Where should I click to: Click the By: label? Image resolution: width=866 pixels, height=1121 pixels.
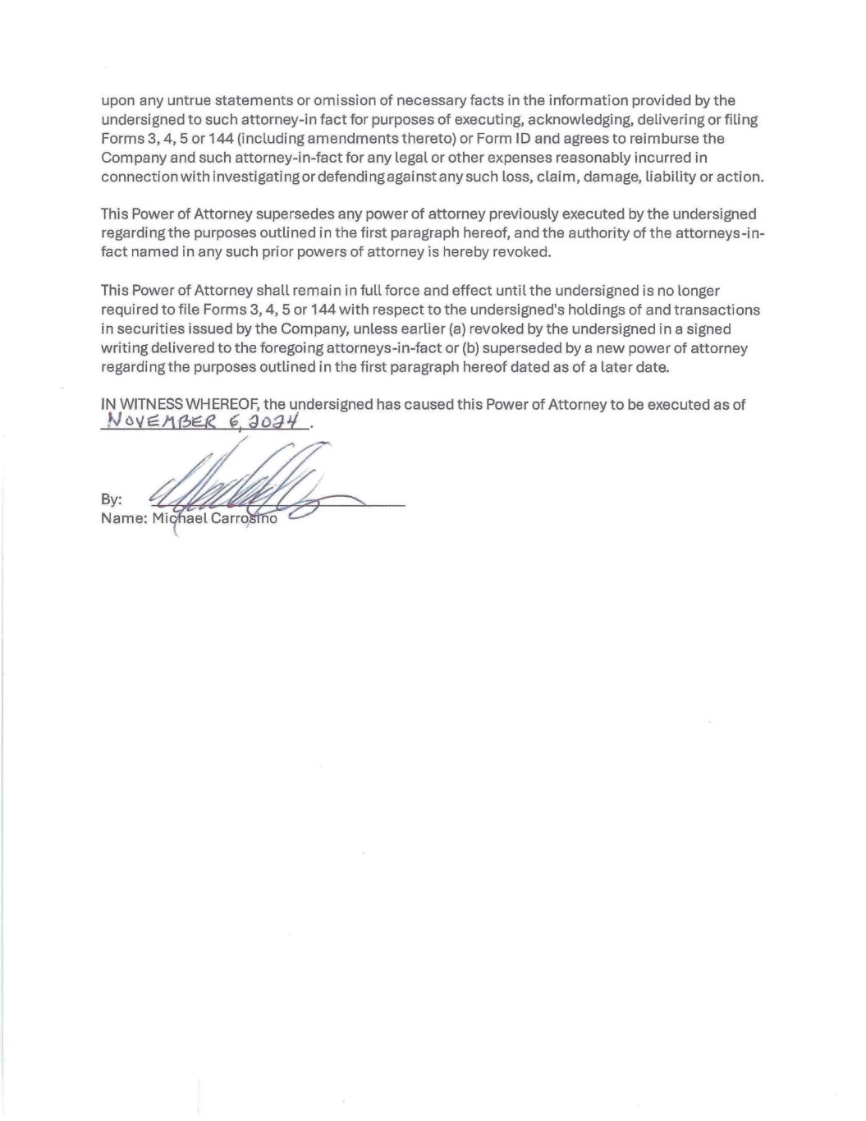[111, 499]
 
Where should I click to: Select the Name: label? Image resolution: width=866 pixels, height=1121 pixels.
[123, 519]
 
